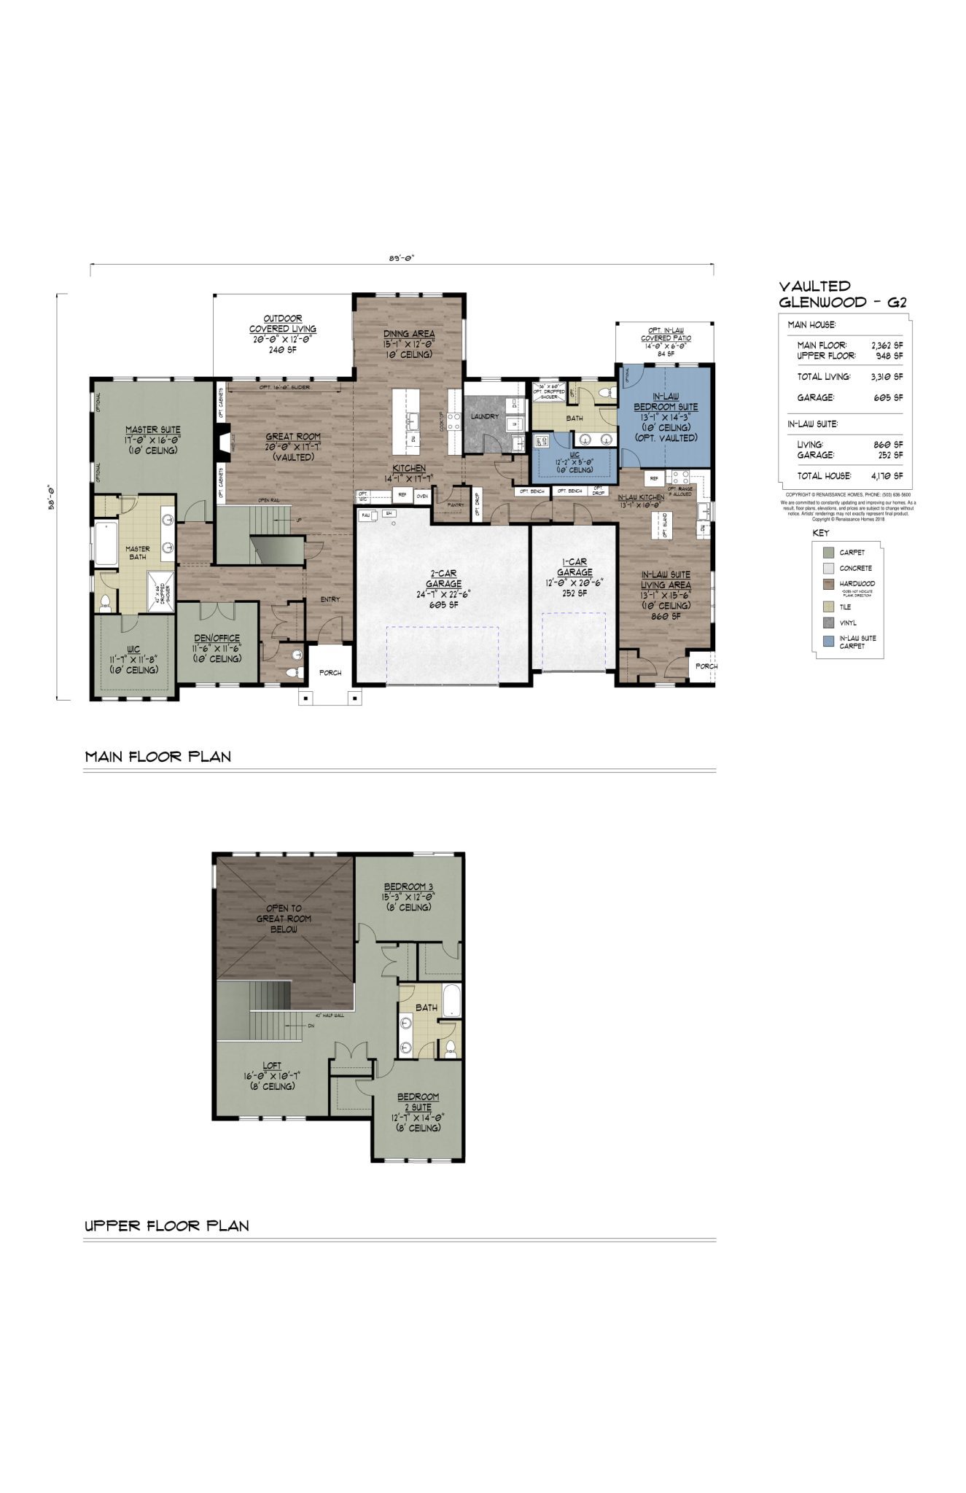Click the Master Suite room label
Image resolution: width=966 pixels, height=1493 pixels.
click(x=152, y=430)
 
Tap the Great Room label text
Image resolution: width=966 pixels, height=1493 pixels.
click(x=292, y=437)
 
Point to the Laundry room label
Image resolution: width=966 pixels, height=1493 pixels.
click(x=485, y=416)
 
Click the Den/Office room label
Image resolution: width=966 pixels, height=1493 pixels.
click(x=217, y=638)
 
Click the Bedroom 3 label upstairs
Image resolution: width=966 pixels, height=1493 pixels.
click(x=408, y=886)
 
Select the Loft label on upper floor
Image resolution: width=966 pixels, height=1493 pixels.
click(x=271, y=1066)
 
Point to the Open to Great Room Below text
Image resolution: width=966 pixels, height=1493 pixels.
click(x=283, y=919)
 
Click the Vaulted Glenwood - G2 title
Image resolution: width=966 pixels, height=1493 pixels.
click(x=842, y=295)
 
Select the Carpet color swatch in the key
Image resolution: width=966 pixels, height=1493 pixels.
click(x=827, y=553)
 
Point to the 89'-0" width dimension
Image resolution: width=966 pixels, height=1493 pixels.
click(x=402, y=257)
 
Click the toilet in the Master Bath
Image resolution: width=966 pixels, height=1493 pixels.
click(x=106, y=601)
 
